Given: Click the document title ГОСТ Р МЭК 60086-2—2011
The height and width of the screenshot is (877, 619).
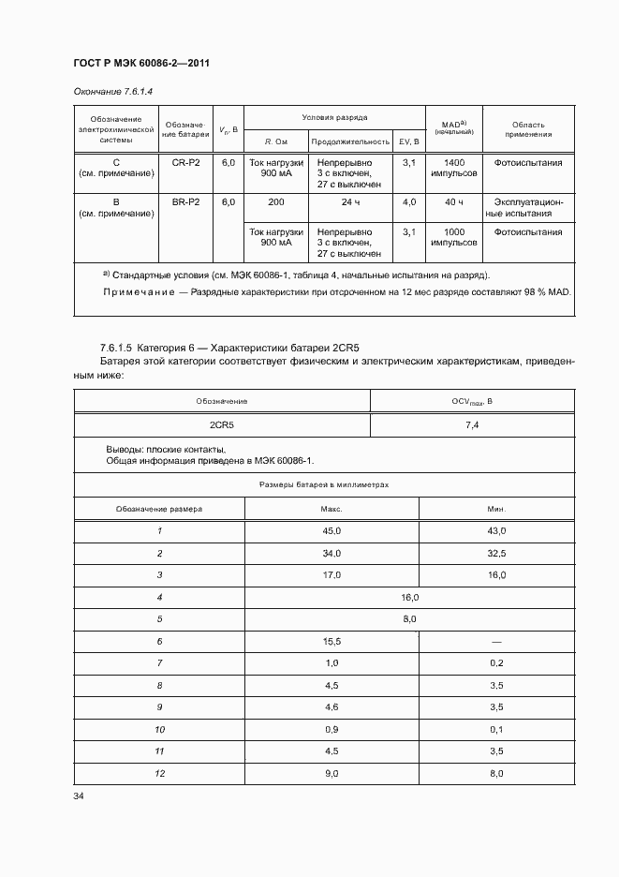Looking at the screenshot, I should point(140,63).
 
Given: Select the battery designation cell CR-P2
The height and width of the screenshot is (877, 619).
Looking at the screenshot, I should point(185,162).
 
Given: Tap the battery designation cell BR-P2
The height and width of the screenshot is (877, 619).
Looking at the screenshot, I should point(185,201).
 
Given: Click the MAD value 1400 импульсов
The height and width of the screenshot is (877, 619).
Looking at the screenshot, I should point(454,168).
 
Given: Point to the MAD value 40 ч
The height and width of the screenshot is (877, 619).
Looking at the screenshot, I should point(454,201).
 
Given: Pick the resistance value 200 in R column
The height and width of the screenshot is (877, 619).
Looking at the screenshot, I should point(275,201).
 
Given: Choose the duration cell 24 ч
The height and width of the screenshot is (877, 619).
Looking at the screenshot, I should point(349,201).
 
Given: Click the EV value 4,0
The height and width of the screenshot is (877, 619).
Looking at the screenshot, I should point(408,201).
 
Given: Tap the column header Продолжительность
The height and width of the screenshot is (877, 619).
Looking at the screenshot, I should point(349,141).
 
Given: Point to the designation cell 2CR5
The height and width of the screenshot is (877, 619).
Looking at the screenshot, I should point(222,424).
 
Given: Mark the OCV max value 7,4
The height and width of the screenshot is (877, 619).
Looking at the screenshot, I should point(472,424).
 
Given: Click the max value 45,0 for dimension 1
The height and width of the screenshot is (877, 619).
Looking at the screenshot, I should point(332,531).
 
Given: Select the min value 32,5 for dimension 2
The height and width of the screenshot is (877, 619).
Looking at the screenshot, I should point(496,553).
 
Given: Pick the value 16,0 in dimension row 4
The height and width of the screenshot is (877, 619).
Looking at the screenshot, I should point(409,597).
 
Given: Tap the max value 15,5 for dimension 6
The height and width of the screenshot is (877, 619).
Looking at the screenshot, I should point(332,641).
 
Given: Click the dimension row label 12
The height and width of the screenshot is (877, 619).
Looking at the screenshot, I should point(159,773).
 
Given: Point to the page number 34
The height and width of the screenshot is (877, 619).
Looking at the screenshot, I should point(79,796).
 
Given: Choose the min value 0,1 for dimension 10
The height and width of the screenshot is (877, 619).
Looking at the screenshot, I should point(496,729).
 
